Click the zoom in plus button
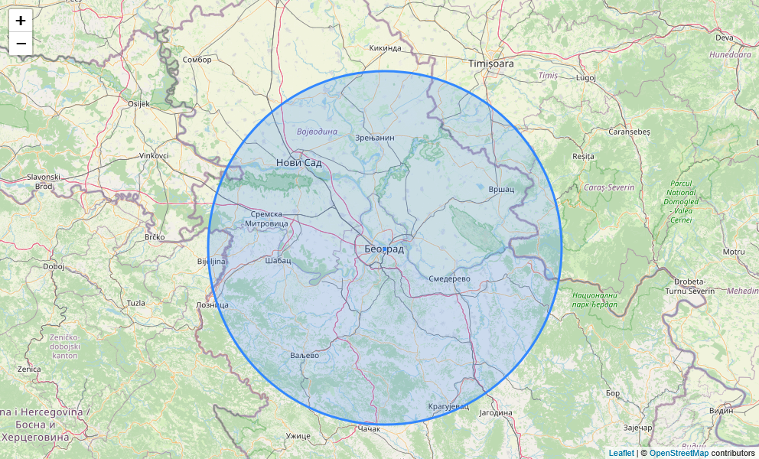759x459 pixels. coord(21,21)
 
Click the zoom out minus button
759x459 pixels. coord(21,44)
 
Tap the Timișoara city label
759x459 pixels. coord(491,63)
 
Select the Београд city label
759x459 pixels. coord(383,249)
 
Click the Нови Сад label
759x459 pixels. coord(298,163)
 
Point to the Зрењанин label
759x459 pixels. coord(375,138)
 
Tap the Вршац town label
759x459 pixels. coord(501,189)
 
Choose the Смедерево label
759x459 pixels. coord(449,279)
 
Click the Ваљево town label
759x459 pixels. coord(305,356)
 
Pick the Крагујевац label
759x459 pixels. coord(447,406)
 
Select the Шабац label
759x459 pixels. coord(278,260)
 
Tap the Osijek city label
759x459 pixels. coord(138,103)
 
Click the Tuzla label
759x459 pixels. coord(135,303)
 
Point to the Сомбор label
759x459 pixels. coord(197,60)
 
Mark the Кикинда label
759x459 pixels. coord(385,47)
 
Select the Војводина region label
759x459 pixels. coord(317,132)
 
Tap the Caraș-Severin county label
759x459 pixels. coord(609,187)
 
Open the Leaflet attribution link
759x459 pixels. coord(621,453)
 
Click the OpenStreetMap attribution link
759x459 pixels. coord(679,453)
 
